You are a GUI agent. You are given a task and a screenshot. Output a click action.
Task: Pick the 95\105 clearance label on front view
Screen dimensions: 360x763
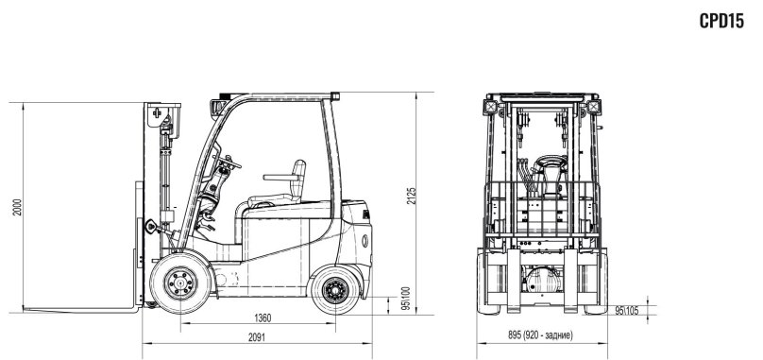[627, 309]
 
